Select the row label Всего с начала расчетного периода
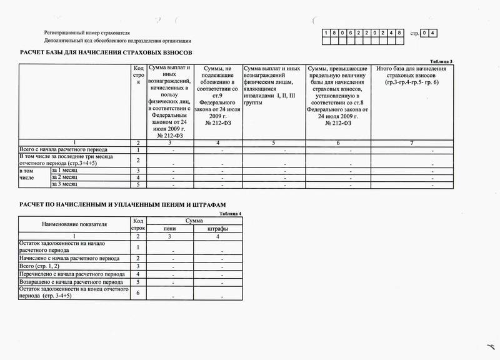coord(59,150)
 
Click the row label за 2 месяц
coord(64,177)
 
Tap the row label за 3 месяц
coord(64,185)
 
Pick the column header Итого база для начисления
coord(408,67)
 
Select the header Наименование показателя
coord(75,224)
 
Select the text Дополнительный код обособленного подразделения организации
coord(113,40)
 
